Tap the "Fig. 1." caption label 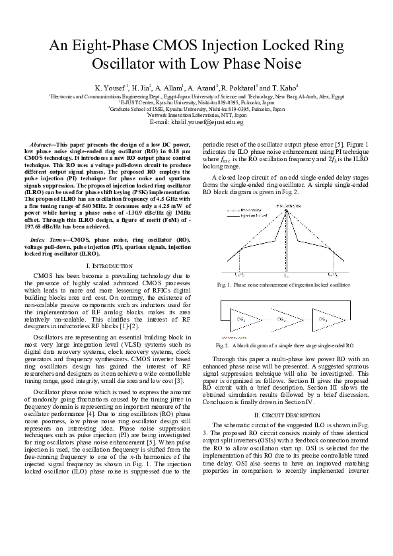pyautogui.click(x=225, y=284)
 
